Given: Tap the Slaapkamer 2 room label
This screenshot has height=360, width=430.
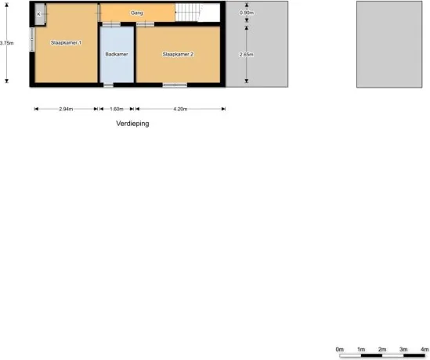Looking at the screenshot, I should pyautogui.click(x=178, y=54).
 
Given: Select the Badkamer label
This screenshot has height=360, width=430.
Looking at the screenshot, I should pyautogui.click(x=117, y=54).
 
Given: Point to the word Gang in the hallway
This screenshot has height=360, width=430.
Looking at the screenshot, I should pyautogui.click(x=136, y=13).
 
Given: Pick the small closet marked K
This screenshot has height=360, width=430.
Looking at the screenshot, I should pyautogui.click(x=38, y=14).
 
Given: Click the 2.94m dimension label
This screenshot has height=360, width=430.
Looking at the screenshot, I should pyautogui.click(x=67, y=109).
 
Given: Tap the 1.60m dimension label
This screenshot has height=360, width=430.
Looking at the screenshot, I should pyautogui.click(x=117, y=109).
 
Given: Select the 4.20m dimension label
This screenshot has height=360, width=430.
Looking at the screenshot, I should pyautogui.click(x=179, y=109).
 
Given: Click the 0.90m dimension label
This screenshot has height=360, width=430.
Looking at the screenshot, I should pyautogui.click(x=247, y=13).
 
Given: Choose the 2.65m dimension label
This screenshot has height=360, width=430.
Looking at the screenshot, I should pyautogui.click(x=247, y=54).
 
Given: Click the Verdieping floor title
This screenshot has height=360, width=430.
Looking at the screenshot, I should pyautogui.click(x=132, y=124).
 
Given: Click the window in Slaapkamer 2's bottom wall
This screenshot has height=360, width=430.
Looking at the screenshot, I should pyautogui.click(x=175, y=84).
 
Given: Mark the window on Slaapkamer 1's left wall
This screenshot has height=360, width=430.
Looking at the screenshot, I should pyautogui.click(x=32, y=39).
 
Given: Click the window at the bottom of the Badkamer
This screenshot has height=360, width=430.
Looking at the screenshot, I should pyautogui.click(x=117, y=84).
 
